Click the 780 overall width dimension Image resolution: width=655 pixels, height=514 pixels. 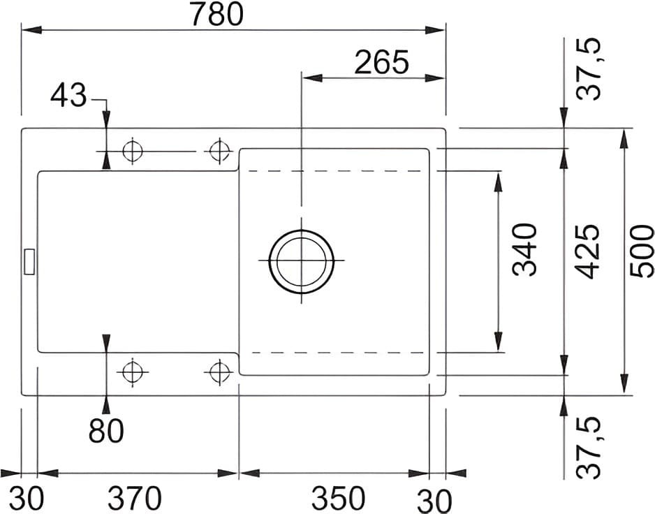221,15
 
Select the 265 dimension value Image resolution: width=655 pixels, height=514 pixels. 381,63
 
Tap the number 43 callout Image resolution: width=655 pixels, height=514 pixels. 68,96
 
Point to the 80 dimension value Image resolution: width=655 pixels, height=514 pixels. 106,431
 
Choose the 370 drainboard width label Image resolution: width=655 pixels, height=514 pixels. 134,499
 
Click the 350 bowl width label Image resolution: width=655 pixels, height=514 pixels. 338,499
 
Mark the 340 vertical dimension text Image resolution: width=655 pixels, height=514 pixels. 524,250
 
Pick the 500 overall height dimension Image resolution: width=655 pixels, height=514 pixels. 642,251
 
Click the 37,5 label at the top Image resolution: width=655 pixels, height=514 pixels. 592,70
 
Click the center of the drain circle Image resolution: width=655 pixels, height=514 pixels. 301,261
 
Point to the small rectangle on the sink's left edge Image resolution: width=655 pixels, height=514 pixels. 29,261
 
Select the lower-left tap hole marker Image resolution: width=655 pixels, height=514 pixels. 131,372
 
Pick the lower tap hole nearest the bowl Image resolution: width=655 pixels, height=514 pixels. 219,372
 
